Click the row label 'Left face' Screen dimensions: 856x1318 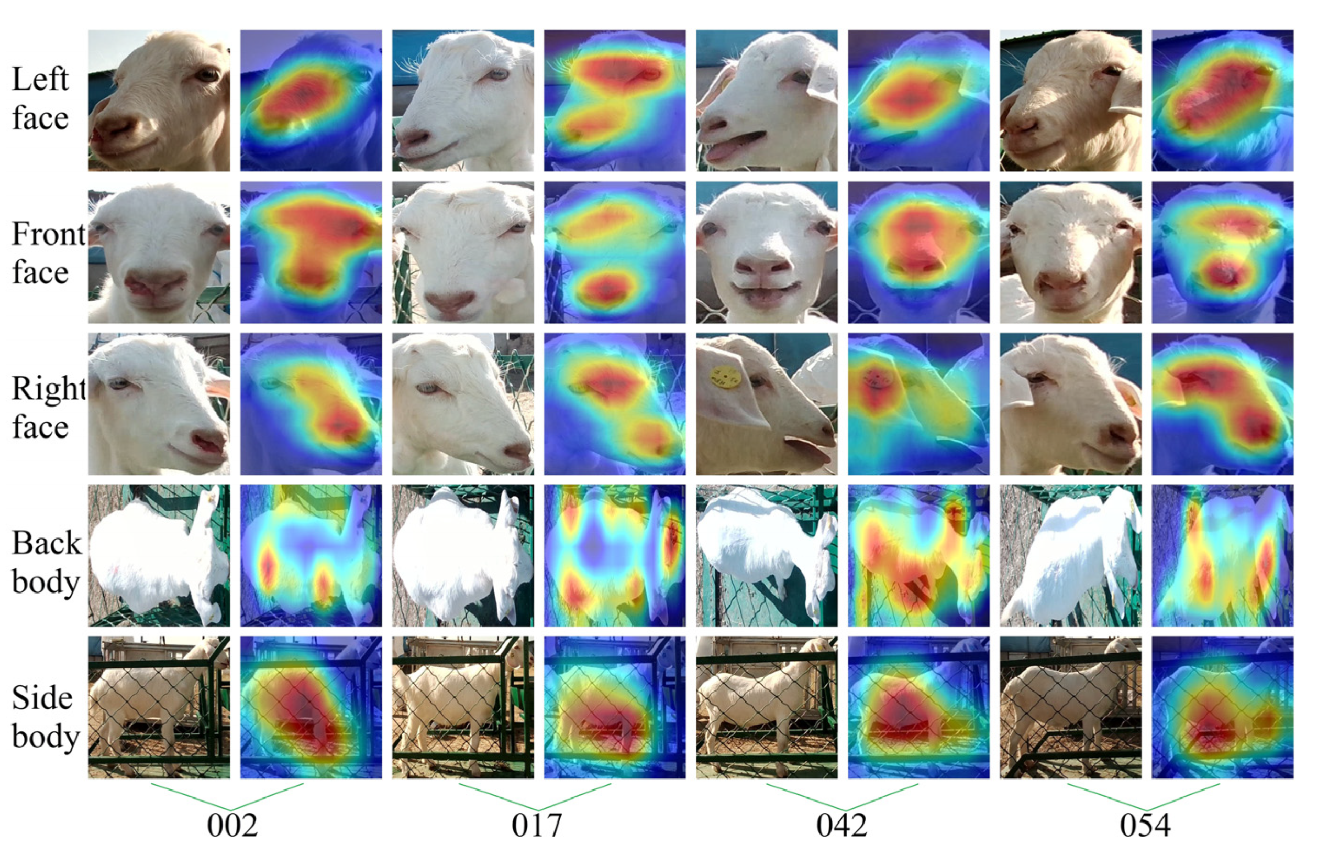coord(40,98)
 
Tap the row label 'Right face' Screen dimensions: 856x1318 coord(47,407)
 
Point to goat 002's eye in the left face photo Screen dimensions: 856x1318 coord(208,74)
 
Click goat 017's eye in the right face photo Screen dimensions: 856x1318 coord(426,387)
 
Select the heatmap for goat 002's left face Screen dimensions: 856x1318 coord(311,100)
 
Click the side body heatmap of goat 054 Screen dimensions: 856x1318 coord(1222,707)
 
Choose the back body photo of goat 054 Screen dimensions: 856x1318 coord(1070,555)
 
